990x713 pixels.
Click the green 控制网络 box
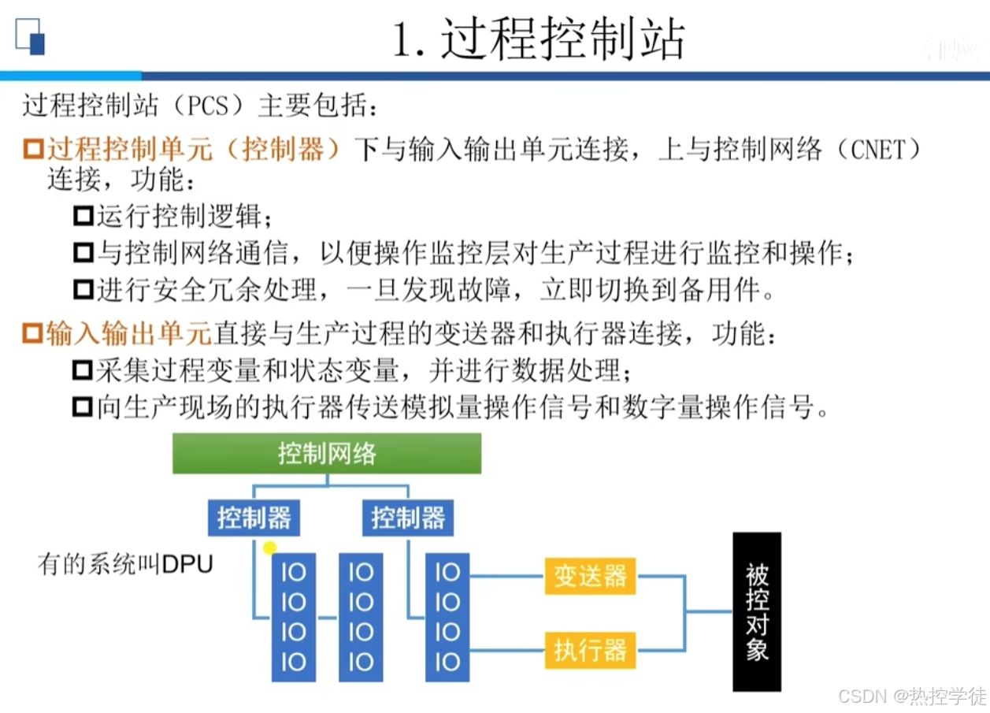(x=326, y=453)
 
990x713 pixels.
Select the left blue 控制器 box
(x=254, y=518)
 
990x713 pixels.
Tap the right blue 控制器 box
(x=408, y=518)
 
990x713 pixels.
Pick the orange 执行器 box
(x=590, y=650)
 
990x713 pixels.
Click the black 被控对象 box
(x=757, y=611)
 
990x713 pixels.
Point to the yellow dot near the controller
(x=270, y=548)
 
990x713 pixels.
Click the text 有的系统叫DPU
(x=125, y=565)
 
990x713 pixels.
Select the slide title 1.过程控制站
(x=539, y=39)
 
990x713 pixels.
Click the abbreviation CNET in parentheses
(x=880, y=150)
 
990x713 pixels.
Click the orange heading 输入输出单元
(x=128, y=334)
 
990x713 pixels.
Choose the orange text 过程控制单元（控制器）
(x=193, y=150)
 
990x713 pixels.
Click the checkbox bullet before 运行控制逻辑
(x=82, y=216)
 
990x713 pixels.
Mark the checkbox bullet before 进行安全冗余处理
(x=82, y=291)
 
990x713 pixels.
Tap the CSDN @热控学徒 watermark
(x=912, y=696)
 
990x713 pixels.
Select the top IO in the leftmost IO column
(x=293, y=572)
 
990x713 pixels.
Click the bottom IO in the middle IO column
(x=361, y=662)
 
